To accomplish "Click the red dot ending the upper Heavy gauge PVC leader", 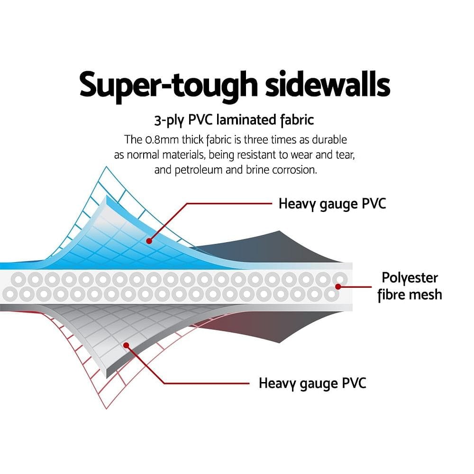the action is point(149,241).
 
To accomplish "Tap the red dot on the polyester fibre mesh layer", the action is point(338,287).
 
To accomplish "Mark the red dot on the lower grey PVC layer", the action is point(127,345).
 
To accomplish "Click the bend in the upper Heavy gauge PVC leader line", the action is point(187,204).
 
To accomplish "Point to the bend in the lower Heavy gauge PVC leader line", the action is point(164,383).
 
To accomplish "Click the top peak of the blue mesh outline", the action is point(106,166).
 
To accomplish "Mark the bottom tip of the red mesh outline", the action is point(106,409).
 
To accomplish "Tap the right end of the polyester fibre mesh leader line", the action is point(371,287).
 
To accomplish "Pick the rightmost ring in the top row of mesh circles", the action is point(340,279).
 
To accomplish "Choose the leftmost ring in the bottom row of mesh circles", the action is point(9,294).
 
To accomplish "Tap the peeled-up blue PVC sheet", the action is point(121,239).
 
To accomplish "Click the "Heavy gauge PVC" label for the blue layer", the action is point(332,204).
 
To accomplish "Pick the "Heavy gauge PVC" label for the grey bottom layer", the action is point(312,383).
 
